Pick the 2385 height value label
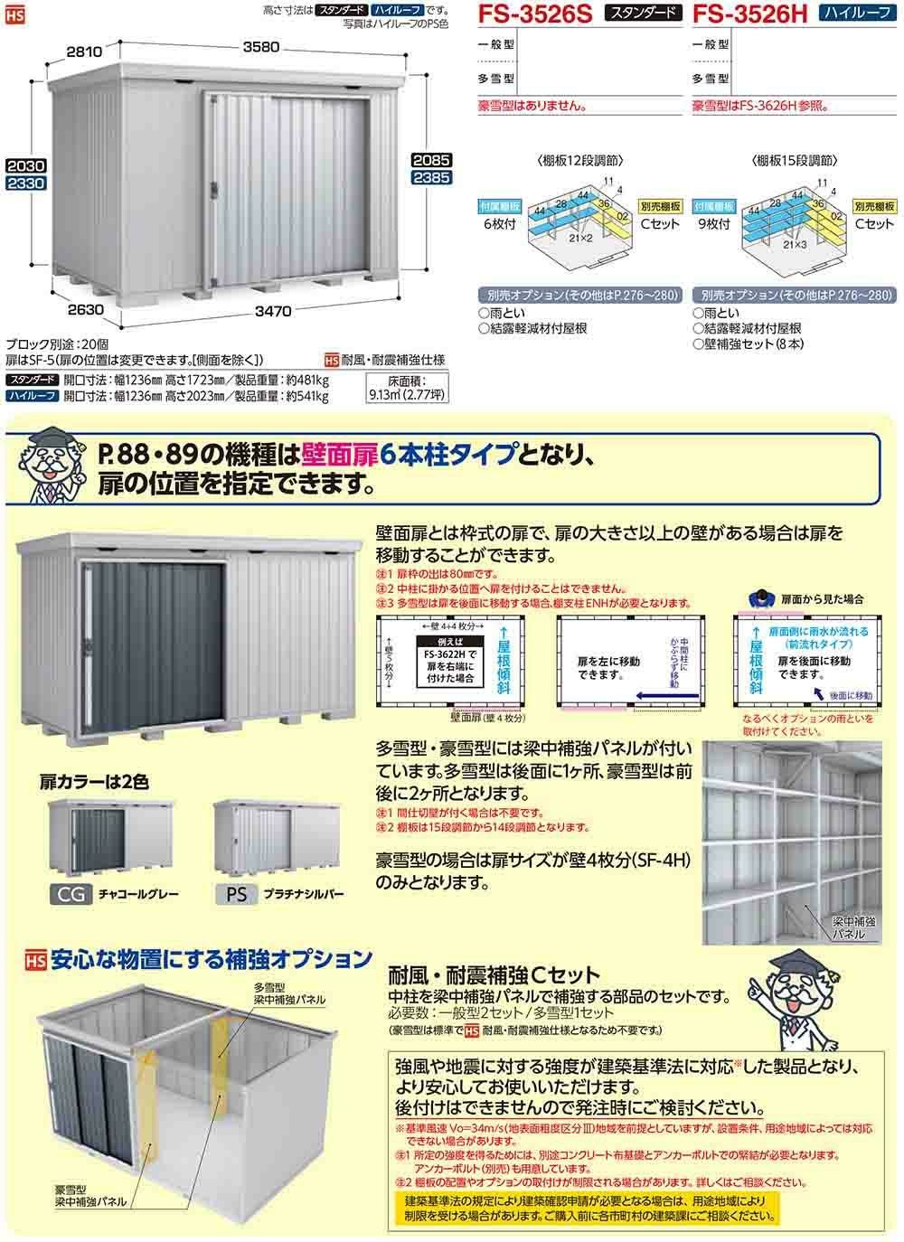[430, 179]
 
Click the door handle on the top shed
[214, 188]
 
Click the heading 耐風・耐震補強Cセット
[493, 975]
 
